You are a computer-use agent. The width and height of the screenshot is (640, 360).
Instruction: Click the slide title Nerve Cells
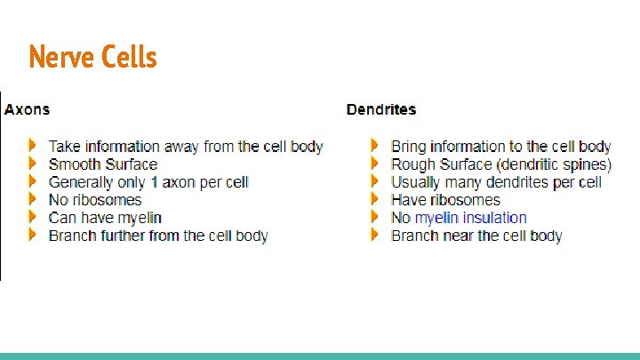click(92, 57)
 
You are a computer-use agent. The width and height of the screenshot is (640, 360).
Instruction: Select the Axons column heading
click(27, 109)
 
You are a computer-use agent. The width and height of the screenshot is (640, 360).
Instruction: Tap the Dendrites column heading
click(380, 109)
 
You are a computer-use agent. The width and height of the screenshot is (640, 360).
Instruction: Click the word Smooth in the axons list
click(74, 164)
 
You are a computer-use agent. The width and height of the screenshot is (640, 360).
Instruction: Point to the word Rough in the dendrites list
click(412, 164)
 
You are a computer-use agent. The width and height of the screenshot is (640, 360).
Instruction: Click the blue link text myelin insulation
click(470, 218)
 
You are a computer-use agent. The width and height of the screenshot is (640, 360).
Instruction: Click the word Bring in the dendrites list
click(409, 147)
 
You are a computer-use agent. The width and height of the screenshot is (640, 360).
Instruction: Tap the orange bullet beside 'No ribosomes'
click(32, 199)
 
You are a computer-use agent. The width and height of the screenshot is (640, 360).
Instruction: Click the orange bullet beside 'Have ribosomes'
click(375, 199)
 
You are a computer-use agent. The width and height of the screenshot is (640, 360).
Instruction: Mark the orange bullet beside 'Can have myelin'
click(32, 217)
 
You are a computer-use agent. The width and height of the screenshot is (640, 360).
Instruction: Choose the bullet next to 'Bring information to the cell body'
click(375, 146)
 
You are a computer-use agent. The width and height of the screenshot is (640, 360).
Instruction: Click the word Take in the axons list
click(64, 147)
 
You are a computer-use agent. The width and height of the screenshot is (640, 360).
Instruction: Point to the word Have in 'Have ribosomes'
click(408, 200)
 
